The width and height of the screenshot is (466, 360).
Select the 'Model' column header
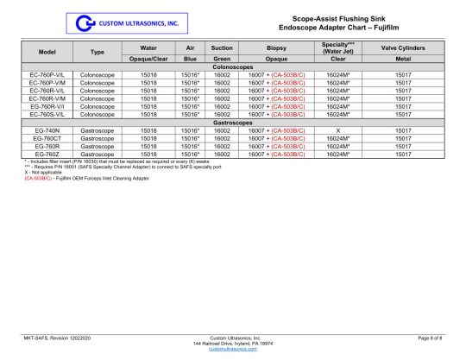(x=47, y=52)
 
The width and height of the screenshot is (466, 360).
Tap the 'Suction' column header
(x=222, y=48)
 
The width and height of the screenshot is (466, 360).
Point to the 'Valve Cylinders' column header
(x=401, y=48)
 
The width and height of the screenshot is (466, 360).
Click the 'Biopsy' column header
(x=277, y=48)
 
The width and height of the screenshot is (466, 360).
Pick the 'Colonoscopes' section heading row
(x=233, y=67)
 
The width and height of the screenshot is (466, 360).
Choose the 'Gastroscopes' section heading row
(x=233, y=121)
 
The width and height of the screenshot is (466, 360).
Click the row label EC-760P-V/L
(x=47, y=75)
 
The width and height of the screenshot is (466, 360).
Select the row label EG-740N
(x=47, y=129)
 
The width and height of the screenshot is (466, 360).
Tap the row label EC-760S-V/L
(x=47, y=114)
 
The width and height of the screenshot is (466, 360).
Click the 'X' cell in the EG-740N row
(x=338, y=129)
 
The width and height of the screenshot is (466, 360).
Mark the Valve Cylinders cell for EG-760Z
(x=401, y=153)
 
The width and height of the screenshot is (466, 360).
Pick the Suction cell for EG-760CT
(x=222, y=137)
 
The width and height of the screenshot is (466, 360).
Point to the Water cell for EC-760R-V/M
(x=148, y=98)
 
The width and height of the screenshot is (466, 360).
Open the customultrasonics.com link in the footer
(x=233, y=348)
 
